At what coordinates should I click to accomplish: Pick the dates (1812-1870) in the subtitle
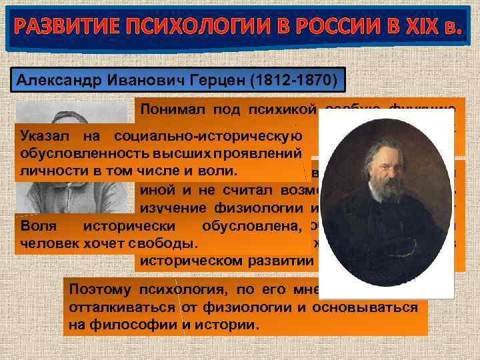tap(301, 81)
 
